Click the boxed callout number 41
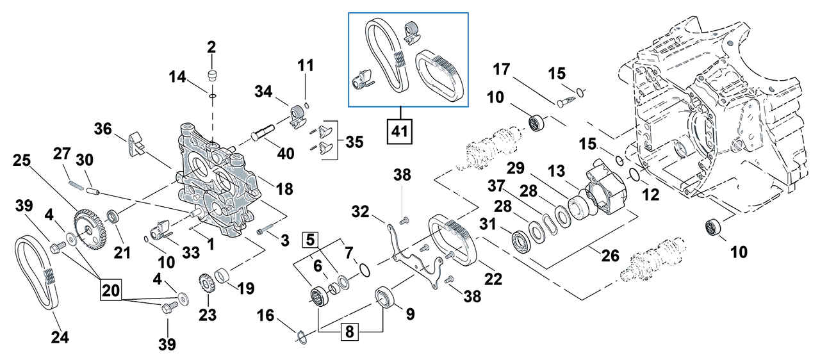point(400,131)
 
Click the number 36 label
point(104,129)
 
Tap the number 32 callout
point(361,211)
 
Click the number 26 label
point(609,256)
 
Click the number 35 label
point(353,140)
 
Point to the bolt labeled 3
point(263,231)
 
